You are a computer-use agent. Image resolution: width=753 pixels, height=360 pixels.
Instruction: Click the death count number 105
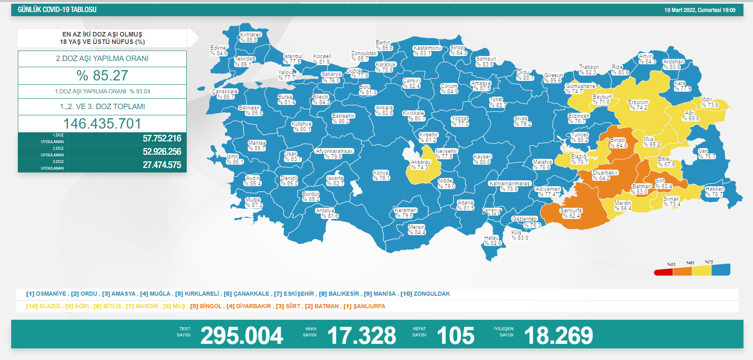tap(455, 336)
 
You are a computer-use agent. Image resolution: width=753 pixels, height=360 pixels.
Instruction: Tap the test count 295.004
tap(241, 336)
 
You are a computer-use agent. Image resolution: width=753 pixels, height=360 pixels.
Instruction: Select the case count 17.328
tap(361, 336)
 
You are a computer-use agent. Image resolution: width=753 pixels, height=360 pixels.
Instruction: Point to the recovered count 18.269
tap(558, 336)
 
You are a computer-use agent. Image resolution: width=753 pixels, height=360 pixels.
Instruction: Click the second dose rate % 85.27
tap(102, 75)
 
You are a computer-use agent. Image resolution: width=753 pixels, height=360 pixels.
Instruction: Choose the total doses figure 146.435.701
tap(102, 124)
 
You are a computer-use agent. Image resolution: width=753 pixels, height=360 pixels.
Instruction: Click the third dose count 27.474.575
tap(162, 165)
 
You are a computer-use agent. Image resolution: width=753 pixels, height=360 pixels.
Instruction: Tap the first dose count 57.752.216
tap(162, 139)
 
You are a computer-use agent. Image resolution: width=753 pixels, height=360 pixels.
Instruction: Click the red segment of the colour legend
tap(663, 272)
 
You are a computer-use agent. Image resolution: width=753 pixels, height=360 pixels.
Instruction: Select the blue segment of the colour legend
tap(721, 270)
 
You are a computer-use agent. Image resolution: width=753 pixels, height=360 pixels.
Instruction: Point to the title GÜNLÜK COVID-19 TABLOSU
tap(57, 10)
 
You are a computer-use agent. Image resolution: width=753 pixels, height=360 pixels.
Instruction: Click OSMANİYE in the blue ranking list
tap(51, 294)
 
